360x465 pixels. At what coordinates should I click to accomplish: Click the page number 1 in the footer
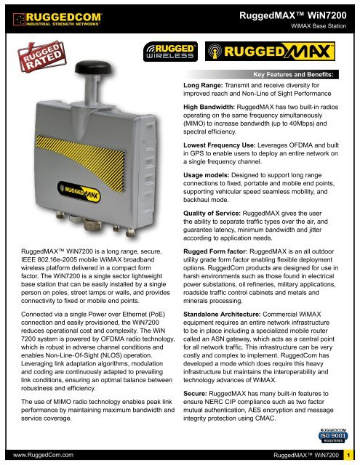350,454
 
